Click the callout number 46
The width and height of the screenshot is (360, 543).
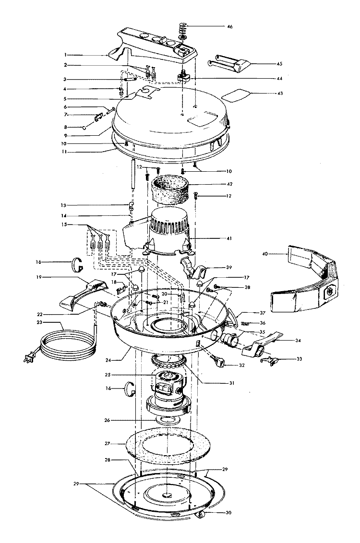230,26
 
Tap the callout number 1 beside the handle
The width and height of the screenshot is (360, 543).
65,55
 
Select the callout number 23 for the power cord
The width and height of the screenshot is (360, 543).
39,322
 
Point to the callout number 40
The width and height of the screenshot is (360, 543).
265,254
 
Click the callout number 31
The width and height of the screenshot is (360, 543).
232,383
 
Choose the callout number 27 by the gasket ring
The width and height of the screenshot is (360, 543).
108,443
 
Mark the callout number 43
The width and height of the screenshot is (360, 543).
280,93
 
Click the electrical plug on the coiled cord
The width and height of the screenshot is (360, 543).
29,357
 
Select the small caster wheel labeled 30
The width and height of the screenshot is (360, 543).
201,516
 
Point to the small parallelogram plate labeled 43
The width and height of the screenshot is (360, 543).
235,94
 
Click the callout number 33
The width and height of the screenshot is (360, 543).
299,359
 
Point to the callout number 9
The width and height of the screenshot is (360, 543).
65,135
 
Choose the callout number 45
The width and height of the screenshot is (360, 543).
280,64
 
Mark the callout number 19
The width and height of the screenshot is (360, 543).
39,277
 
